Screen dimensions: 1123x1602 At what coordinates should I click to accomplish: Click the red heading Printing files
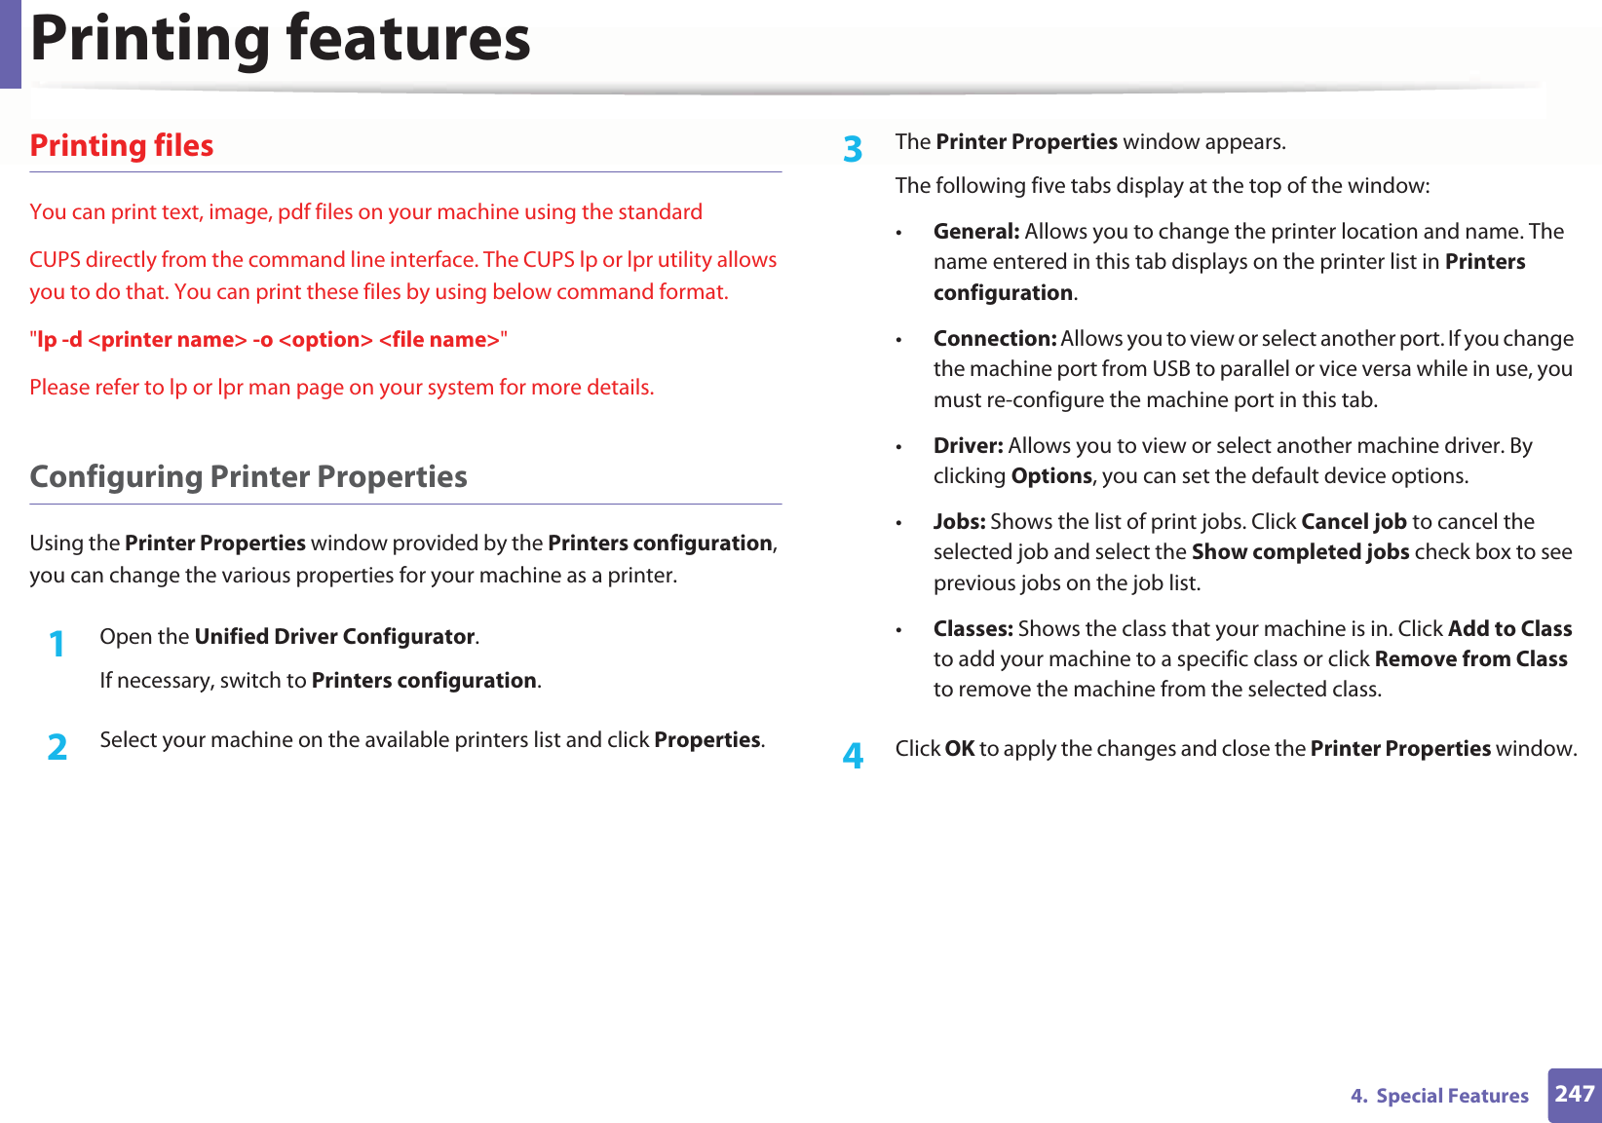point(122,146)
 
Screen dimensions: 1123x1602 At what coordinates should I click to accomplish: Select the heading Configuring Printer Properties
point(248,476)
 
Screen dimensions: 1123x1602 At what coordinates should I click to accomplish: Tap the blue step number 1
point(57,644)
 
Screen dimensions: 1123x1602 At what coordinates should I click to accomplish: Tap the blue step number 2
point(57,747)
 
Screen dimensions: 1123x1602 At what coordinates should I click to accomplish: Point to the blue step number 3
point(853,149)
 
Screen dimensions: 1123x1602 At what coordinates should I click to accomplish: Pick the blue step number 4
point(853,755)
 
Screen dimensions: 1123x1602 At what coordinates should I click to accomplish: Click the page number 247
point(1574,1094)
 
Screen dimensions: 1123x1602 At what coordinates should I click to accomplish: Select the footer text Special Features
point(1452,1096)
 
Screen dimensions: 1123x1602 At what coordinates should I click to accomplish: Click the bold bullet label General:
point(976,232)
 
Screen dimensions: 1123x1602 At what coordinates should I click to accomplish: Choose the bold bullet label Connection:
point(995,339)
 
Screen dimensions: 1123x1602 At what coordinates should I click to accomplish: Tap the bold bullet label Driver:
point(968,446)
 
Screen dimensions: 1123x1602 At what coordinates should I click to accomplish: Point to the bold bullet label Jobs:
point(959,522)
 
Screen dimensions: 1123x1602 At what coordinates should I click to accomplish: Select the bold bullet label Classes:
point(973,629)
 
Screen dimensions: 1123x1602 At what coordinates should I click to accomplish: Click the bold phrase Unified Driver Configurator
point(334,637)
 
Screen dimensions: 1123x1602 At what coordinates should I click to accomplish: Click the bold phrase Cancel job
point(1354,522)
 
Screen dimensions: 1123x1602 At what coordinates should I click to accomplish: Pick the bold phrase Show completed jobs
point(1300,552)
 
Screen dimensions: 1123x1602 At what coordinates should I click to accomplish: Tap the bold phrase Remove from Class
point(1470,659)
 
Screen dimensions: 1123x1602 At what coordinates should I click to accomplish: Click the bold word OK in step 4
point(960,749)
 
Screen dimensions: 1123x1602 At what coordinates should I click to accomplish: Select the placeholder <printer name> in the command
point(167,340)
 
